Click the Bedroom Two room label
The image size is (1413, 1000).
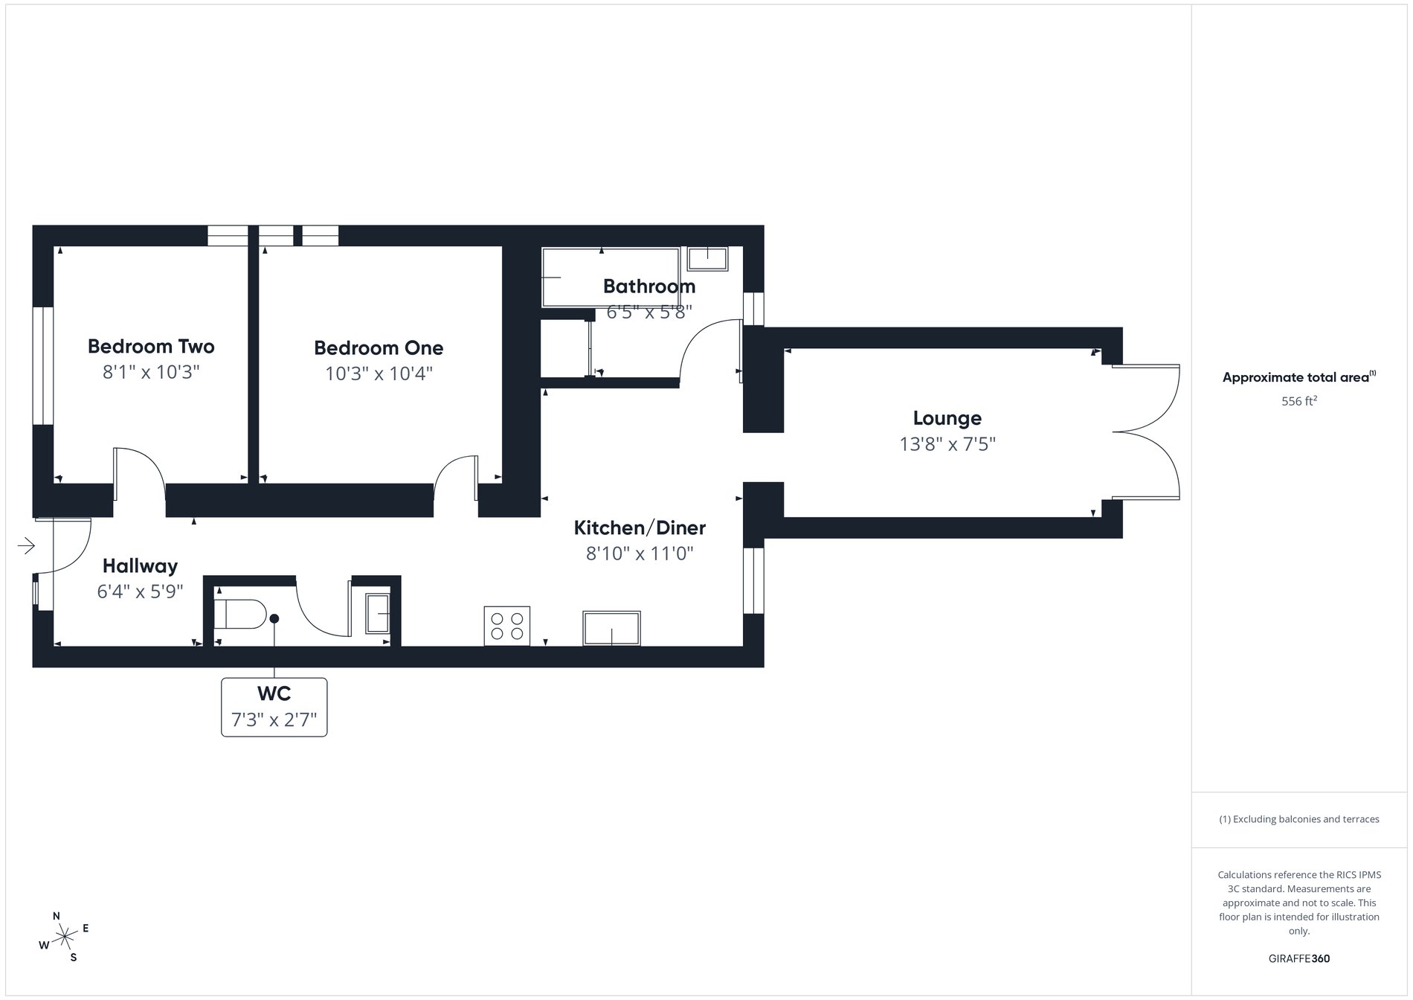pos(151,347)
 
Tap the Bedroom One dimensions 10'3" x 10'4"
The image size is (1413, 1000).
pos(379,373)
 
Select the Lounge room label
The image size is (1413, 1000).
pos(947,418)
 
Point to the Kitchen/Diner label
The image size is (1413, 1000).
pos(640,528)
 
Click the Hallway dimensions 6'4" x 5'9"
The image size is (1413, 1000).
pos(140,592)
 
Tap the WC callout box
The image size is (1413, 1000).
pos(274,707)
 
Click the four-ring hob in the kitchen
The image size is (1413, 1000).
pos(507,626)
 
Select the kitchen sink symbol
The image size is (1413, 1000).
pos(611,628)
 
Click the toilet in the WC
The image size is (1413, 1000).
pos(239,615)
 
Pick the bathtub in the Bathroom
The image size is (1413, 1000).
pos(610,278)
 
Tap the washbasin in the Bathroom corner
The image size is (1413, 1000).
pos(707,258)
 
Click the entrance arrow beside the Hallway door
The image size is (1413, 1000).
pos(26,546)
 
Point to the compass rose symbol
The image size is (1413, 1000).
pos(65,936)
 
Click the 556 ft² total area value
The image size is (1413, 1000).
pos(1298,402)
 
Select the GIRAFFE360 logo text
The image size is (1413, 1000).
pos(1298,958)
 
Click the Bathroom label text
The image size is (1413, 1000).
pos(649,286)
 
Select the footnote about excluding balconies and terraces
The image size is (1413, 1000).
pos(1298,819)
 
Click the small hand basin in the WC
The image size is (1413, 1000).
pos(378,613)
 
